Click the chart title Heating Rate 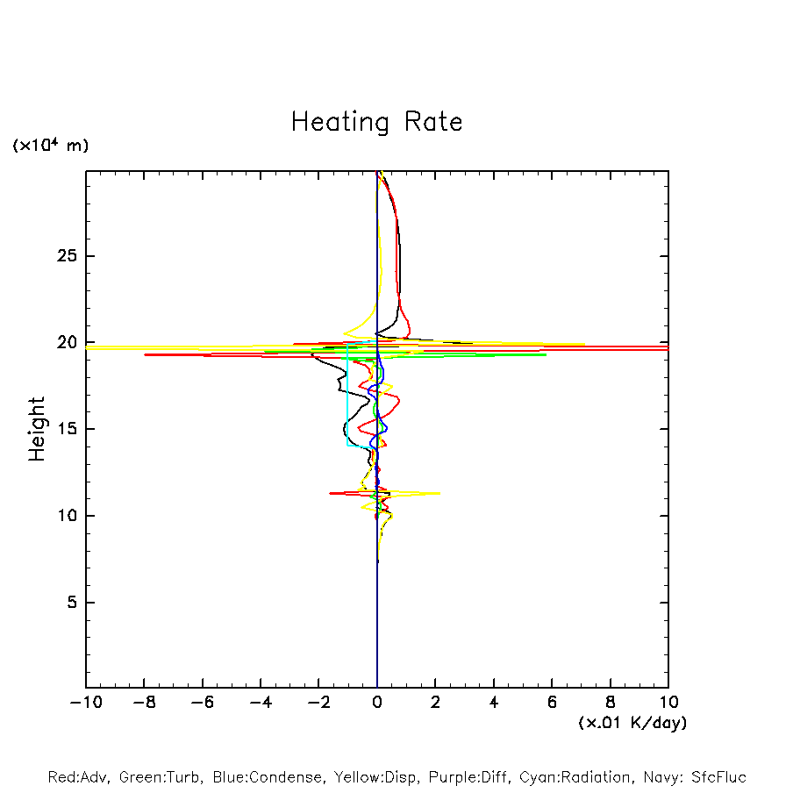click(376, 121)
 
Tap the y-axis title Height click(36, 429)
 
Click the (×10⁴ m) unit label click(50, 146)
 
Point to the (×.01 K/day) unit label click(632, 723)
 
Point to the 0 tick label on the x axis click(377, 703)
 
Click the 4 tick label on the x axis click(494, 703)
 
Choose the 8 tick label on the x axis click(611, 703)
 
